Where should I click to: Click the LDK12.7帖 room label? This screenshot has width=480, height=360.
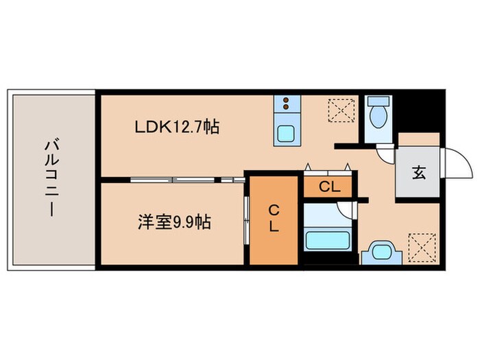tap(176, 128)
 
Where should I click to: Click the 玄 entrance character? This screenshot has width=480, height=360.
tap(418, 173)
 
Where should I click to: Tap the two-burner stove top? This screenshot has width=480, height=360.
tap(285, 105)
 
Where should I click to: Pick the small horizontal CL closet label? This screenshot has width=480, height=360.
tap(327, 185)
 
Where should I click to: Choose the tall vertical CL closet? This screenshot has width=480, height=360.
tap(274, 219)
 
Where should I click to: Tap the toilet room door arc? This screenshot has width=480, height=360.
tap(388, 154)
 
